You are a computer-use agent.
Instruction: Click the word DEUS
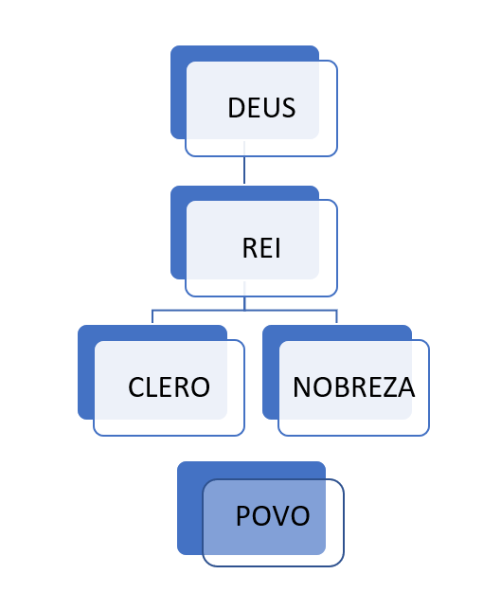pyautogui.click(x=261, y=108)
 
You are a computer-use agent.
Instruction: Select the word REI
pyautogui.click(x=261, y=248)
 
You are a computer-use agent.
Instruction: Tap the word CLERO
pyautogui.click(x=169, y=387)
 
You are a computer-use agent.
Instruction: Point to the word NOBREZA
pyautogui.click(x=353, y=387)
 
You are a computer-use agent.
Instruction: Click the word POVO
pyautogui.click(x=273, y=516)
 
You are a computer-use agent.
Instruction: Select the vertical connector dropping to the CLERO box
pyautogui.click(x=152, y=316)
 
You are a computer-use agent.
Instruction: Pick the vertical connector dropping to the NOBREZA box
pyautogui.click(x=336, y=316)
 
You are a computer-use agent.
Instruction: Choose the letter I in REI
pyautogui.click(x=277, y=248)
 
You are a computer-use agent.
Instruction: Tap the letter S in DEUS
pyautogui.click(x=289, y=108)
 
